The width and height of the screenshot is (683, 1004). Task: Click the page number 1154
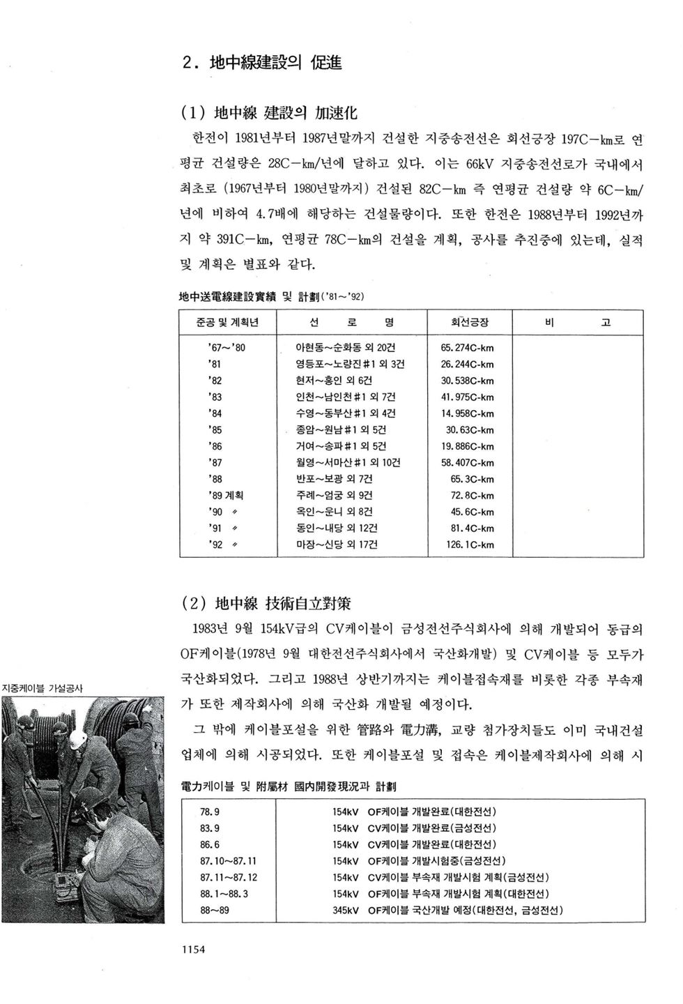click(x=192, y=948)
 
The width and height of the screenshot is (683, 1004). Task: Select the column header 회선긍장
click(x=470, y=322)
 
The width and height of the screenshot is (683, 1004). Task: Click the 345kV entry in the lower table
click(x=345, y=910)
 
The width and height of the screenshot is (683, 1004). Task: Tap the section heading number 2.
click(x=187, y=63)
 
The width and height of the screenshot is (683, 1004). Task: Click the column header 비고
click(x=578, y=322)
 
